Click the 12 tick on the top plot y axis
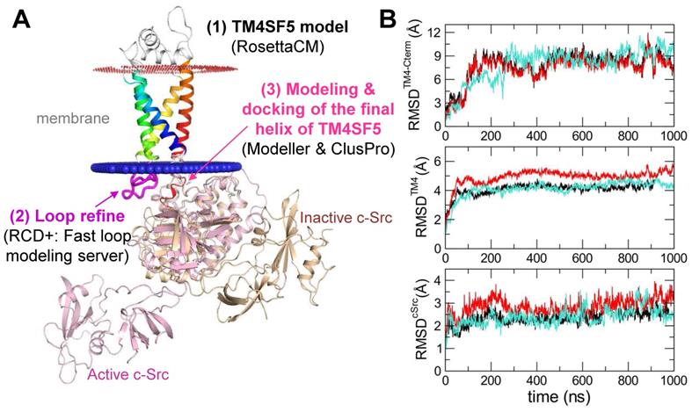coord(436,33)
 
